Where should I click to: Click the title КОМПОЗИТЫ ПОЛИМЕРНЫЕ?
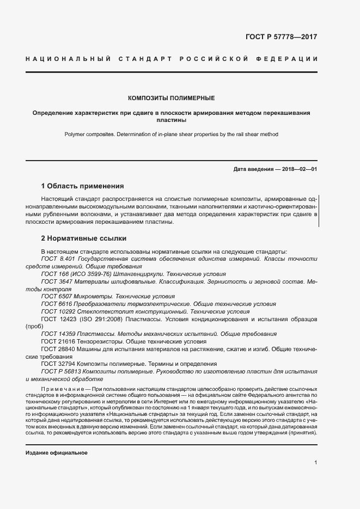pos(171,98)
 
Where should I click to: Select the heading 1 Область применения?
pos(83,186)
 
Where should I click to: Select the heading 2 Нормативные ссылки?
pos(84,238)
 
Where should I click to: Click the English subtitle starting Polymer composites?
pos(171,133)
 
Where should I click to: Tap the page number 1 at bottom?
pos(316,463)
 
